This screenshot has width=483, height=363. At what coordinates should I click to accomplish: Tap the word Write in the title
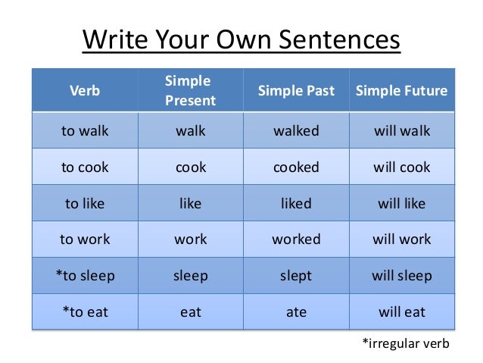113,39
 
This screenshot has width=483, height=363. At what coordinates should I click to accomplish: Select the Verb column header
84,91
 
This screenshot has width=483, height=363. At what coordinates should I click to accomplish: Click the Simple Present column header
190,91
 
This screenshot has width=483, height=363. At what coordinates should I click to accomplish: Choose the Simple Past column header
296,91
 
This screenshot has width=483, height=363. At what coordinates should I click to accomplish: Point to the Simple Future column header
401,91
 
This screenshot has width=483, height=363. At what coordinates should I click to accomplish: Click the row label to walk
84,131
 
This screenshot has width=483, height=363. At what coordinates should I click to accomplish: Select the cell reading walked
296,131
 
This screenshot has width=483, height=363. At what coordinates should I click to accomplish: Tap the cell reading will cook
401,167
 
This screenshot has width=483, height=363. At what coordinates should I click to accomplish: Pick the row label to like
84,203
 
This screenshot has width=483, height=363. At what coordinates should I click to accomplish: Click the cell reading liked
296,203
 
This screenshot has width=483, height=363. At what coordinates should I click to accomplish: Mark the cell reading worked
296,239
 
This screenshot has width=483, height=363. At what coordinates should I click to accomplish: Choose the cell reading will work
401,239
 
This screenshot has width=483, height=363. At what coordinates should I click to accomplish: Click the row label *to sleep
84,276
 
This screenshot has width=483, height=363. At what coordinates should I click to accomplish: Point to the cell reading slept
296,276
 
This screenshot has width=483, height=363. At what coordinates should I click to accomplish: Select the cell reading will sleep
401,276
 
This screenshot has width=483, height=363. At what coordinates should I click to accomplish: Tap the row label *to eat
84,311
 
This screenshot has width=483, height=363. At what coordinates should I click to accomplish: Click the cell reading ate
296,311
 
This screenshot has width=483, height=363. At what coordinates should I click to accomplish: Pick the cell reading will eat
401,311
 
